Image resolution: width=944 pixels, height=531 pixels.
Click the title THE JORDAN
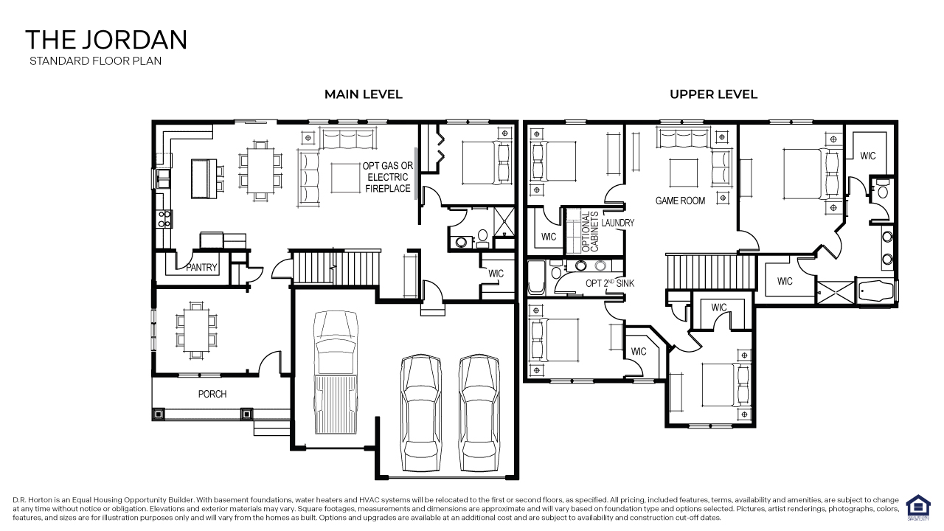(106, 39)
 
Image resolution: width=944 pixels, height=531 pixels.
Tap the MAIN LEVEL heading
(364, 94)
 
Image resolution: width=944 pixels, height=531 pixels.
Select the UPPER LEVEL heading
(713, 94)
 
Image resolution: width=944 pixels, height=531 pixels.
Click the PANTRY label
(201, 267)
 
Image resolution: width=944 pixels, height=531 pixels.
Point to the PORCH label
(212, 394)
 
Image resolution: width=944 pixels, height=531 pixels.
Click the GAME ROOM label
(680, 201)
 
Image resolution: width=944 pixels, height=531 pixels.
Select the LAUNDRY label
(617, 223)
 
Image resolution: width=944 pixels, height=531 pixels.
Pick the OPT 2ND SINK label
(610, 283)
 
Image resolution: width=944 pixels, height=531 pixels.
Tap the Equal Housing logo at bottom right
(917, 507)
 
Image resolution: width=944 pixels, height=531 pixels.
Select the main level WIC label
(496, 274)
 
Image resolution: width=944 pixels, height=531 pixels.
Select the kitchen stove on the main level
(164, 218)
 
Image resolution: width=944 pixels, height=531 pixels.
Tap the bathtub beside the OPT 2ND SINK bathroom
(535, 278)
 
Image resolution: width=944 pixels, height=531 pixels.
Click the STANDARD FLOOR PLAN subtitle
(95, 61)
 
